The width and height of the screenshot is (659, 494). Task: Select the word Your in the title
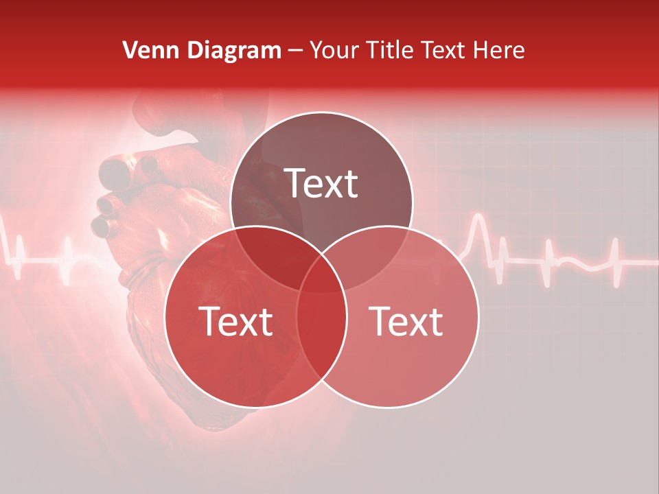[x=336, y=50]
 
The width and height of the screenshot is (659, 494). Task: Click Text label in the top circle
[x=321, y=183]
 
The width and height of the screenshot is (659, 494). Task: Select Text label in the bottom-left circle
[x=235, y=320]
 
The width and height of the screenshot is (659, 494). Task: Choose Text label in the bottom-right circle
[x=406, y=320]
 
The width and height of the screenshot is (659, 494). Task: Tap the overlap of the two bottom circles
[x=321, y=329]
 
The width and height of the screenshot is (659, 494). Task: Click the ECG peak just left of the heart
[x=69, y=244]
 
